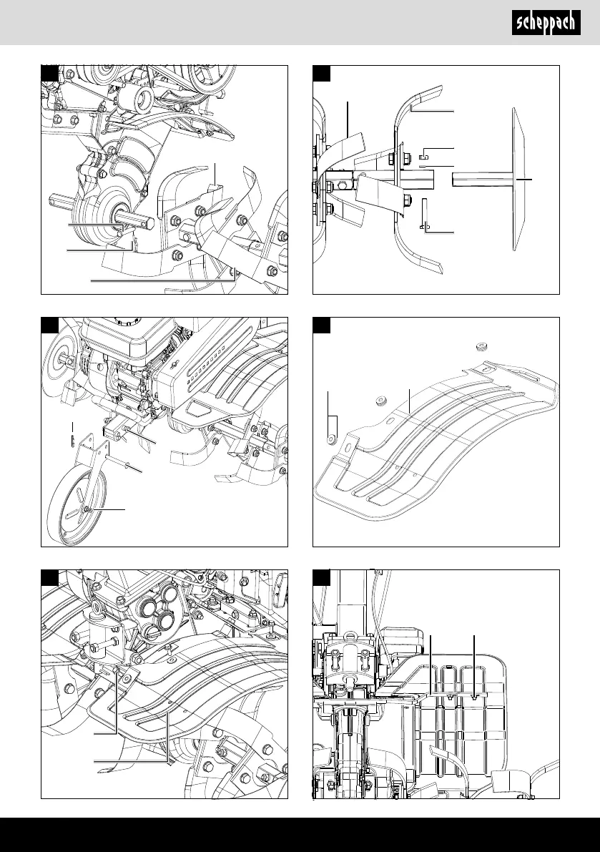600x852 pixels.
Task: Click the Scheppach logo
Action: pos(546,24)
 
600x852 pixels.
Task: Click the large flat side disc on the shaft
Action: pos(520,180)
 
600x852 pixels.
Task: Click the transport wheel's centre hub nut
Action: pos(87,509)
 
